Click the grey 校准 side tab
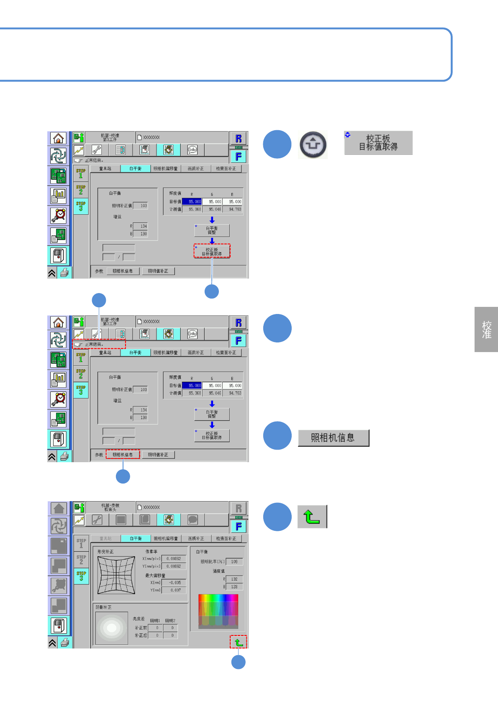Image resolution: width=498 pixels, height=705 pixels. tap(486, 329)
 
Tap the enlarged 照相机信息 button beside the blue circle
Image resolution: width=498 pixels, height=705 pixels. tap(333, 438)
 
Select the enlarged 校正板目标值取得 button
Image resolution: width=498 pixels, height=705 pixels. tap(378, 143)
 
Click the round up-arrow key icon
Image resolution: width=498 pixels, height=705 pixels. tap(313, 145)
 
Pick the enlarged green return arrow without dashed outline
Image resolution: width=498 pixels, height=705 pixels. tap(312, 517)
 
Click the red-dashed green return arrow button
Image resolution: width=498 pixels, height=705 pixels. tap(239, 642)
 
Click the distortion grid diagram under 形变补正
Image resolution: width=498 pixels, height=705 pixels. tap(116, 575)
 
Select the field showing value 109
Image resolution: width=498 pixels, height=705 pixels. tap(234, 562)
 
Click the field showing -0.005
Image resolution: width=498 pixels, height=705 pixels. tap(174, 583)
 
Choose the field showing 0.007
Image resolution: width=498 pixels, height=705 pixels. tap(174, 590)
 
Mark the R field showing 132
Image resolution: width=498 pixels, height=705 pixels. tap(234, 579)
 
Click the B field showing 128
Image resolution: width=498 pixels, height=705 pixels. tap(234, 587)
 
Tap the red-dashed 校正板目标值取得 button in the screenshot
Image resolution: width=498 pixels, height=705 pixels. tap(212, 251)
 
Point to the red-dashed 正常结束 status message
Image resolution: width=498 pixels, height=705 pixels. tap(99, 345)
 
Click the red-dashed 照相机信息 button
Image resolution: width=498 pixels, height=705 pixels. tap(123, 455)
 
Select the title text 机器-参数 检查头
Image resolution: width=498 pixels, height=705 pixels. tap(110, 507)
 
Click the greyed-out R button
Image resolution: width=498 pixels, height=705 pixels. tap(239, 508)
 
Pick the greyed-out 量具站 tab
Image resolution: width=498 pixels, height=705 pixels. tap(105, 538)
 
